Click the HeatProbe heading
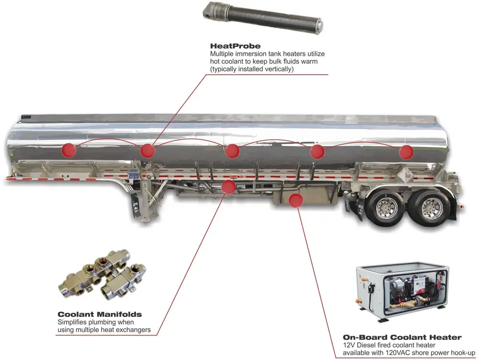click(x=235, y=46)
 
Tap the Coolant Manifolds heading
click(x=99, y=315)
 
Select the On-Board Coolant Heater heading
click(x=402, y=337)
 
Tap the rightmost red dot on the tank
click(x=406, y=152)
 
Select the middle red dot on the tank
click(x=232, y=151)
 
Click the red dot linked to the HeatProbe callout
click(x=147, y=151)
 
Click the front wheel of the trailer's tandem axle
click(x=385, y=206)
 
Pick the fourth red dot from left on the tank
click(x=318, y=152)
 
